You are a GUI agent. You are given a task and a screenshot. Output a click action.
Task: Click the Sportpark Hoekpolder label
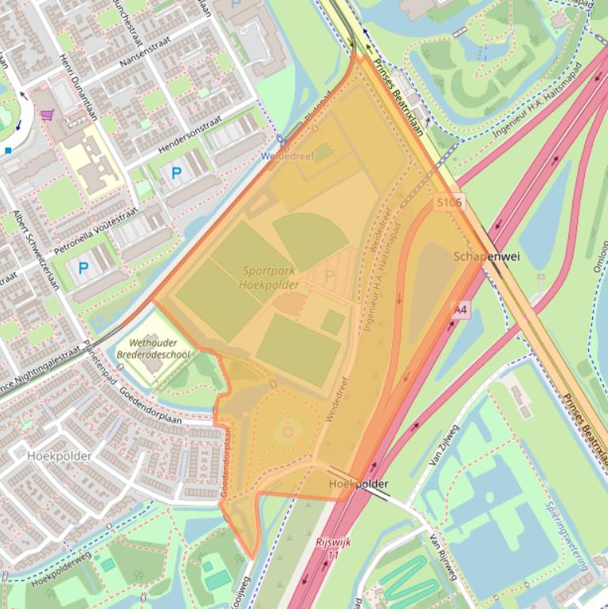(270, 278)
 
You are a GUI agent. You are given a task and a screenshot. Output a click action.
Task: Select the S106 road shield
(449, 202)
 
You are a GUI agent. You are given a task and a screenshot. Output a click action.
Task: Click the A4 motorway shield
(461, 311)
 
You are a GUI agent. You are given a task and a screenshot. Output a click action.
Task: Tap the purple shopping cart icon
(47, 115)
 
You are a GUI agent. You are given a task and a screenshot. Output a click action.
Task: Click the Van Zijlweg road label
(443, 448)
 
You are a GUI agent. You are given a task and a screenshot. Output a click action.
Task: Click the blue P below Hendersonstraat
(176, 172)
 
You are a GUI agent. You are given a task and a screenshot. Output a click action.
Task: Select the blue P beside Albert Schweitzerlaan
(83, 268)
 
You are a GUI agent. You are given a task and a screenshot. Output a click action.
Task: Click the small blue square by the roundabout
(8, 149)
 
